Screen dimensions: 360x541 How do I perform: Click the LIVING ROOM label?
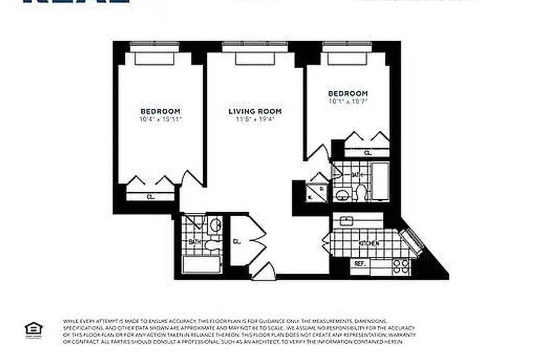click(x=255, y=111)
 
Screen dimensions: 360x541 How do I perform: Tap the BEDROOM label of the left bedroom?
click(x=160, y=111)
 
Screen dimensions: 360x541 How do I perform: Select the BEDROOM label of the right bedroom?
click(x=348, y=93)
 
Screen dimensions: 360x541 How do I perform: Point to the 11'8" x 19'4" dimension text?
click(x=255, y=119)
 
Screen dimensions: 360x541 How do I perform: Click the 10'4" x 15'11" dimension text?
click(x=160, y=119)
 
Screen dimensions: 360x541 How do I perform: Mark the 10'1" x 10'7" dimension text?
click(x=348, y=101)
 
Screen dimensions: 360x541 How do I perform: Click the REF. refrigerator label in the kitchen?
click(x=360, y=264)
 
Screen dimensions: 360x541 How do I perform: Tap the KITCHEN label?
click(x=369, y=243)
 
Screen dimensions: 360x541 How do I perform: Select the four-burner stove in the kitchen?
click(x=401, y=267)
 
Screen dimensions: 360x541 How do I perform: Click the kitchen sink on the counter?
click(x=346, y=220)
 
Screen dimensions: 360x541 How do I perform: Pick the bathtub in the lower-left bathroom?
click(x=202, y=264)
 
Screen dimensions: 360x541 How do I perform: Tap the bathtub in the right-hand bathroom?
click(x=381, y=182)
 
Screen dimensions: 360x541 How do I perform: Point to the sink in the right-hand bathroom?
click(x=341, y=195)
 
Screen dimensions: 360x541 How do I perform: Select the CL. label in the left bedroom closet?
click(x=150, y=197)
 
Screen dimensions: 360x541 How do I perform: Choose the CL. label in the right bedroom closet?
click(x=368, y=153)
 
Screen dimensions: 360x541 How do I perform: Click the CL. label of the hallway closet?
click(x=237, y=241)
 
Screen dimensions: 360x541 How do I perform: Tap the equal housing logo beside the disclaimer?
click(x=33, y=329)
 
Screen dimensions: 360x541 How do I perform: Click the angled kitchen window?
click(x=412, y=241)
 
